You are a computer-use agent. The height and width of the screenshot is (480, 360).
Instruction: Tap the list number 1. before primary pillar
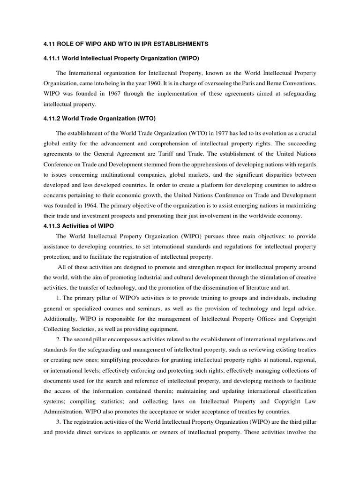[x=59, y=298]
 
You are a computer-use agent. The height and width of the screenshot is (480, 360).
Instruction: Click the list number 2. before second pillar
[x=59, y=339]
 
